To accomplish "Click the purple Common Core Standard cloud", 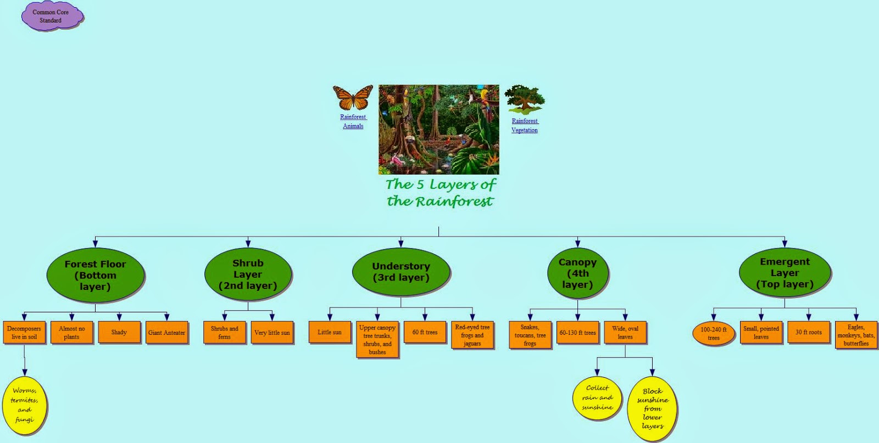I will (51, 16).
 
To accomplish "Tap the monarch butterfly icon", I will (353, 98).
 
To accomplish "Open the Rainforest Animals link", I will (353, 121).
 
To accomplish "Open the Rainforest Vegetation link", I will (525, 126).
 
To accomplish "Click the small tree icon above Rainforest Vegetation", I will (525, 99).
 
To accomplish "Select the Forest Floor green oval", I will (95, 275).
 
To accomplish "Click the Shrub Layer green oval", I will (248, 274).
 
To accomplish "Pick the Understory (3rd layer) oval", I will (401, 272).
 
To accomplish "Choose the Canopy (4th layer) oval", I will (577, 273).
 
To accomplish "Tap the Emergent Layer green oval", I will (785, 273).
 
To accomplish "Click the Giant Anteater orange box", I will (166, 333).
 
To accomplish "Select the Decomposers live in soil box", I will (24, 333).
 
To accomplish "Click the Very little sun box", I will (272, 333).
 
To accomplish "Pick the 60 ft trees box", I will (425, 332).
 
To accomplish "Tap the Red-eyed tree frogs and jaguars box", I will (472, 335).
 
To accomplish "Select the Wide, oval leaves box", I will (625, 333).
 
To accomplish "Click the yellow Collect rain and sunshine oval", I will (597, 398).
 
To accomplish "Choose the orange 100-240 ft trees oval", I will (713, 333).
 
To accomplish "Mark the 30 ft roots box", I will (809, 332).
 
